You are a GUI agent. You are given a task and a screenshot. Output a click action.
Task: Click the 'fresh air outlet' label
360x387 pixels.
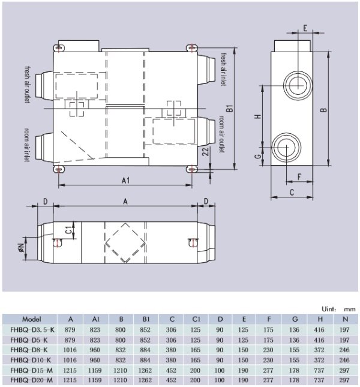[x=27, y=85]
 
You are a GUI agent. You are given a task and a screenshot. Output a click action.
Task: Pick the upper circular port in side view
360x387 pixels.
[x=295, y=85]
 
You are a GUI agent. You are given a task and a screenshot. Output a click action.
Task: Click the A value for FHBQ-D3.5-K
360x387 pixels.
[x=71, y=329]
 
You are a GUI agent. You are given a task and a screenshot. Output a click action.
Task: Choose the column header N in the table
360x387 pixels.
[x=344, y=319]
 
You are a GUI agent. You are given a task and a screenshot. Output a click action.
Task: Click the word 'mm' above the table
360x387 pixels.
[x=350, y=308]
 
